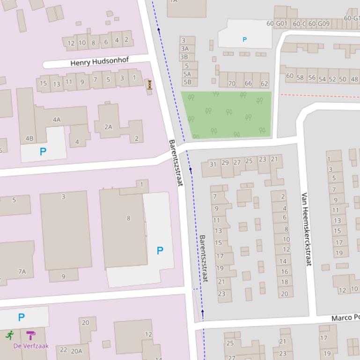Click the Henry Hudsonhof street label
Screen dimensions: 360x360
[100, 61]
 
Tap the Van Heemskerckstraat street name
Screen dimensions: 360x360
[306, 229]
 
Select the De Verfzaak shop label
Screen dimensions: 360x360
[31, 346]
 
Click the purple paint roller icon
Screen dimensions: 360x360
[31, 335]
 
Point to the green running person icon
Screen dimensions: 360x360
[10, 335]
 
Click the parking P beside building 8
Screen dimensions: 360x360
[160, 251]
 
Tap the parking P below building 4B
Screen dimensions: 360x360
[43, 151]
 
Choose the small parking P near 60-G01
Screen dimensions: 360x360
[244, 40]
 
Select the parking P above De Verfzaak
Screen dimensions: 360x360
[21, 317]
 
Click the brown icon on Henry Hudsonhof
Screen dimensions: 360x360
[150, 85]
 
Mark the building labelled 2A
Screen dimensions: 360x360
[109, 127]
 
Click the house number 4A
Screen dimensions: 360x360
[57, 120]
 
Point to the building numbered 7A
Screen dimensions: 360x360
[22, 271]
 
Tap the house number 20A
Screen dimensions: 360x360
[77, 351]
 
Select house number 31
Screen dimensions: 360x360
[213, 164]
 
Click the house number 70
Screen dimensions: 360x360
[231, 84]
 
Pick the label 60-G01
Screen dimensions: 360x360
[277, 23]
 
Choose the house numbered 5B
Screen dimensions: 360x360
[187, 82]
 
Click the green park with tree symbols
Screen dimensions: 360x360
[227, 115]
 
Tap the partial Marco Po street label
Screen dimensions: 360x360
[345, 318]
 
